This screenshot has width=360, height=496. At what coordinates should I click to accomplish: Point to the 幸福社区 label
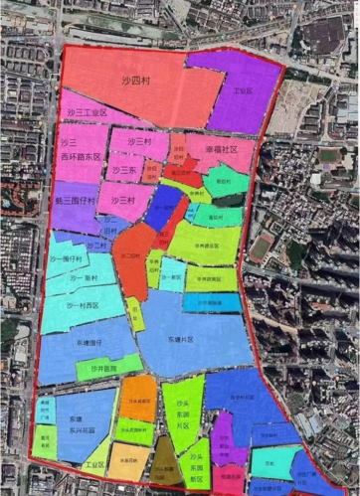click(x=222, y=150)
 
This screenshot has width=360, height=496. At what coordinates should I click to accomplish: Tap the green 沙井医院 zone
click(x=103, y=368)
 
